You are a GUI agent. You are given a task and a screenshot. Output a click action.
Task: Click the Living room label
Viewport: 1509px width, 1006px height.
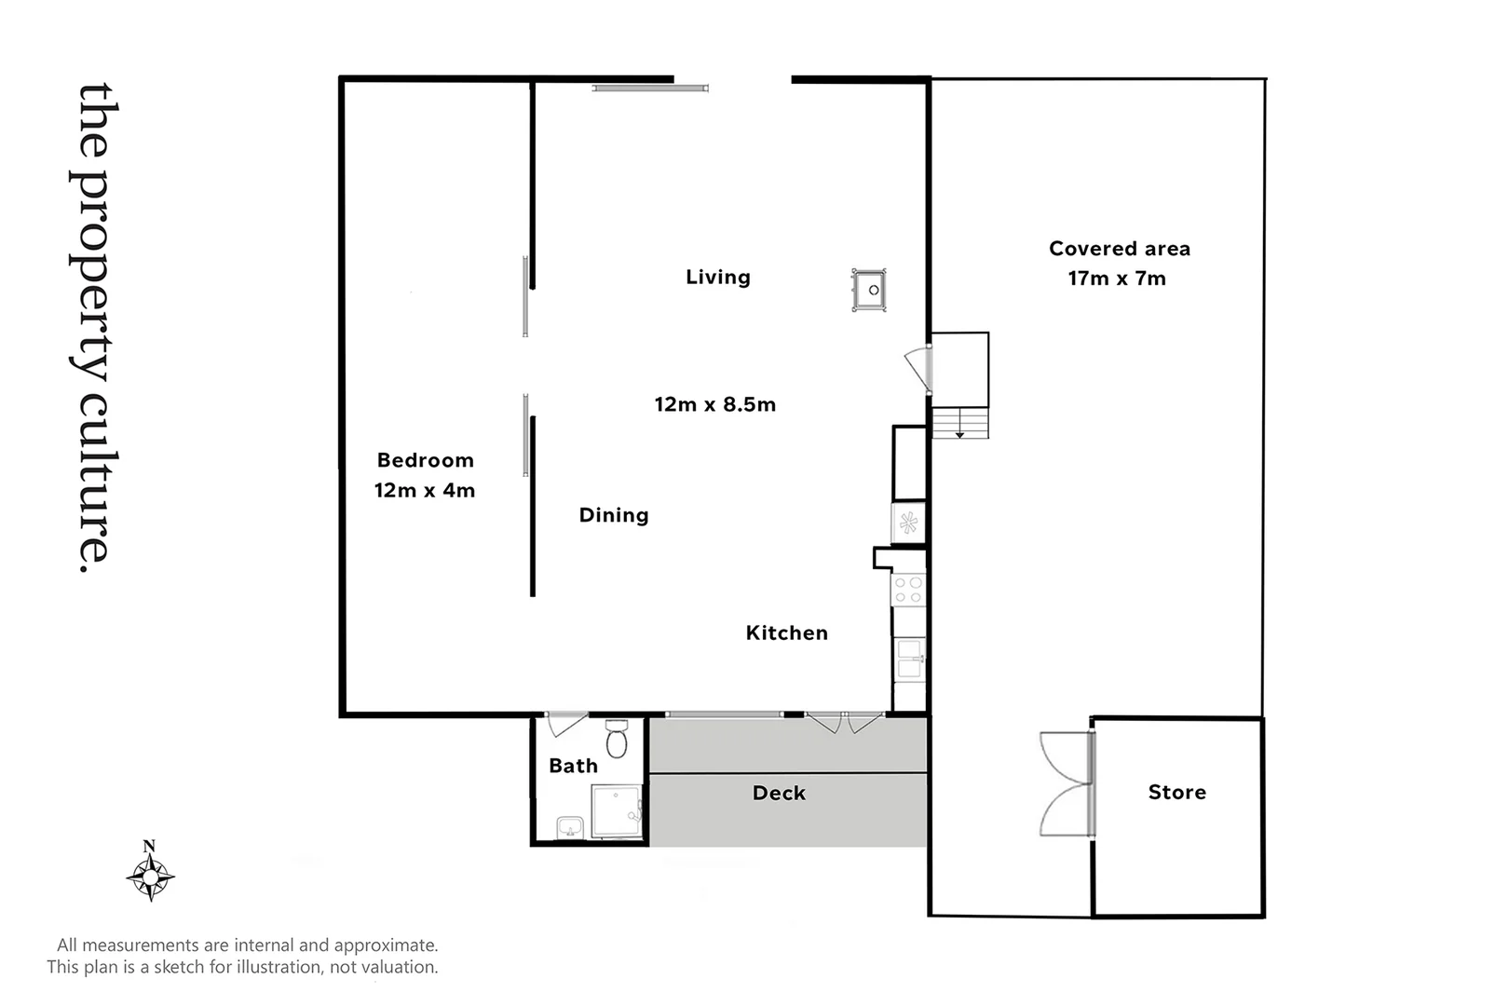717,277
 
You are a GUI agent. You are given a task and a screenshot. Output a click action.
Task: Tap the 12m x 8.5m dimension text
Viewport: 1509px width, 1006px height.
714,404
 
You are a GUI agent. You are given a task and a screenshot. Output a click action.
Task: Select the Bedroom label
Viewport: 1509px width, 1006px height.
425,460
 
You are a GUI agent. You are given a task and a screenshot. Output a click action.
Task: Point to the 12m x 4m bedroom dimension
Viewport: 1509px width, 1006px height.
425,490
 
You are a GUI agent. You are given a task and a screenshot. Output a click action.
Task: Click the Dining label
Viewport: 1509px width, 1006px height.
613,515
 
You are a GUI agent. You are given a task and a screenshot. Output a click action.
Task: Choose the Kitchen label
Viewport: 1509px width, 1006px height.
786,632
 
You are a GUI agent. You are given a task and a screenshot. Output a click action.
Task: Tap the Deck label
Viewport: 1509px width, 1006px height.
779,793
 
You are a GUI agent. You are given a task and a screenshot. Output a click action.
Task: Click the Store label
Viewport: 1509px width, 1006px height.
1176,792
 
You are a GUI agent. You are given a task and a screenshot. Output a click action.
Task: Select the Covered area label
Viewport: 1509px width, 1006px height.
1119,249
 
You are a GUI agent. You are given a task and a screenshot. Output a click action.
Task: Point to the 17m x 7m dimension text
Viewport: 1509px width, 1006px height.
1117,279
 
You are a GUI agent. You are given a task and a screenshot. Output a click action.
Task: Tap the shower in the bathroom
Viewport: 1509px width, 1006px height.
617,811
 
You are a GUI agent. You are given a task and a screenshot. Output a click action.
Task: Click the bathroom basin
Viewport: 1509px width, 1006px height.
569,827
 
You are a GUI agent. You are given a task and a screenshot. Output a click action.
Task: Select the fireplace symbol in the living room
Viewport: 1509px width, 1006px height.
869,290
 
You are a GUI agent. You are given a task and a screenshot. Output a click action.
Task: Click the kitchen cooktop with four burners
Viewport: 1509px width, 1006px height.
908,590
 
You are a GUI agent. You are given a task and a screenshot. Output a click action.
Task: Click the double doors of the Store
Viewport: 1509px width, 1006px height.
1067,783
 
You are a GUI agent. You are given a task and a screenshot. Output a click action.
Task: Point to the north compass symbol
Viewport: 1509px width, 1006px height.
150,874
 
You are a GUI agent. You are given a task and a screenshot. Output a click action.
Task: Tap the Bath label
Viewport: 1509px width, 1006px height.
573,766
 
